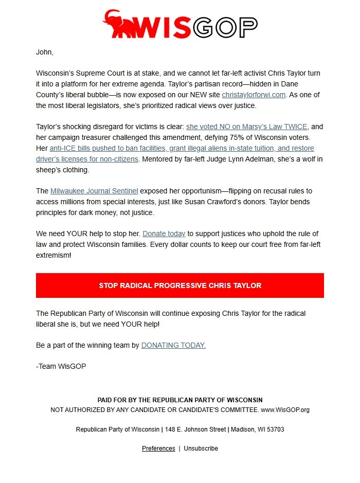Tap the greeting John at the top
(45, 52)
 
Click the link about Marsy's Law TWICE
(247, 127)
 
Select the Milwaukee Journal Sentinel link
(94, 191)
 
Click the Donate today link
(164, 234)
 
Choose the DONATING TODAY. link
(173, 345)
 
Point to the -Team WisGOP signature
(61, 366)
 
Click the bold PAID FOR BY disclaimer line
(180, 400)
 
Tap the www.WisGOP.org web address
(285, 410)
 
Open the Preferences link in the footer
(158, 449)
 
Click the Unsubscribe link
(201, 449)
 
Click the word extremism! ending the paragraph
(53, 255)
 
